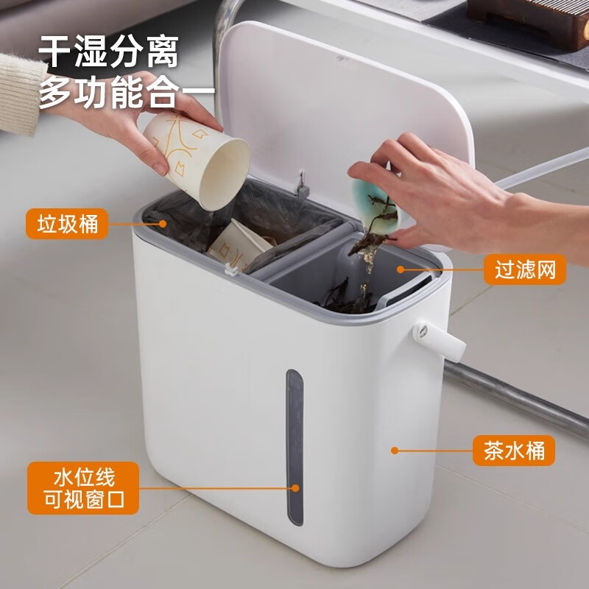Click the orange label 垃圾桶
[67, 223]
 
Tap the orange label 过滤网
[525, 269]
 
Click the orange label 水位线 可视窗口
[84, 488]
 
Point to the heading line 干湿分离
[109, 54]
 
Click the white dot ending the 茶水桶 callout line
[395, 450]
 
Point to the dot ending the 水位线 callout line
[295, 487]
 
